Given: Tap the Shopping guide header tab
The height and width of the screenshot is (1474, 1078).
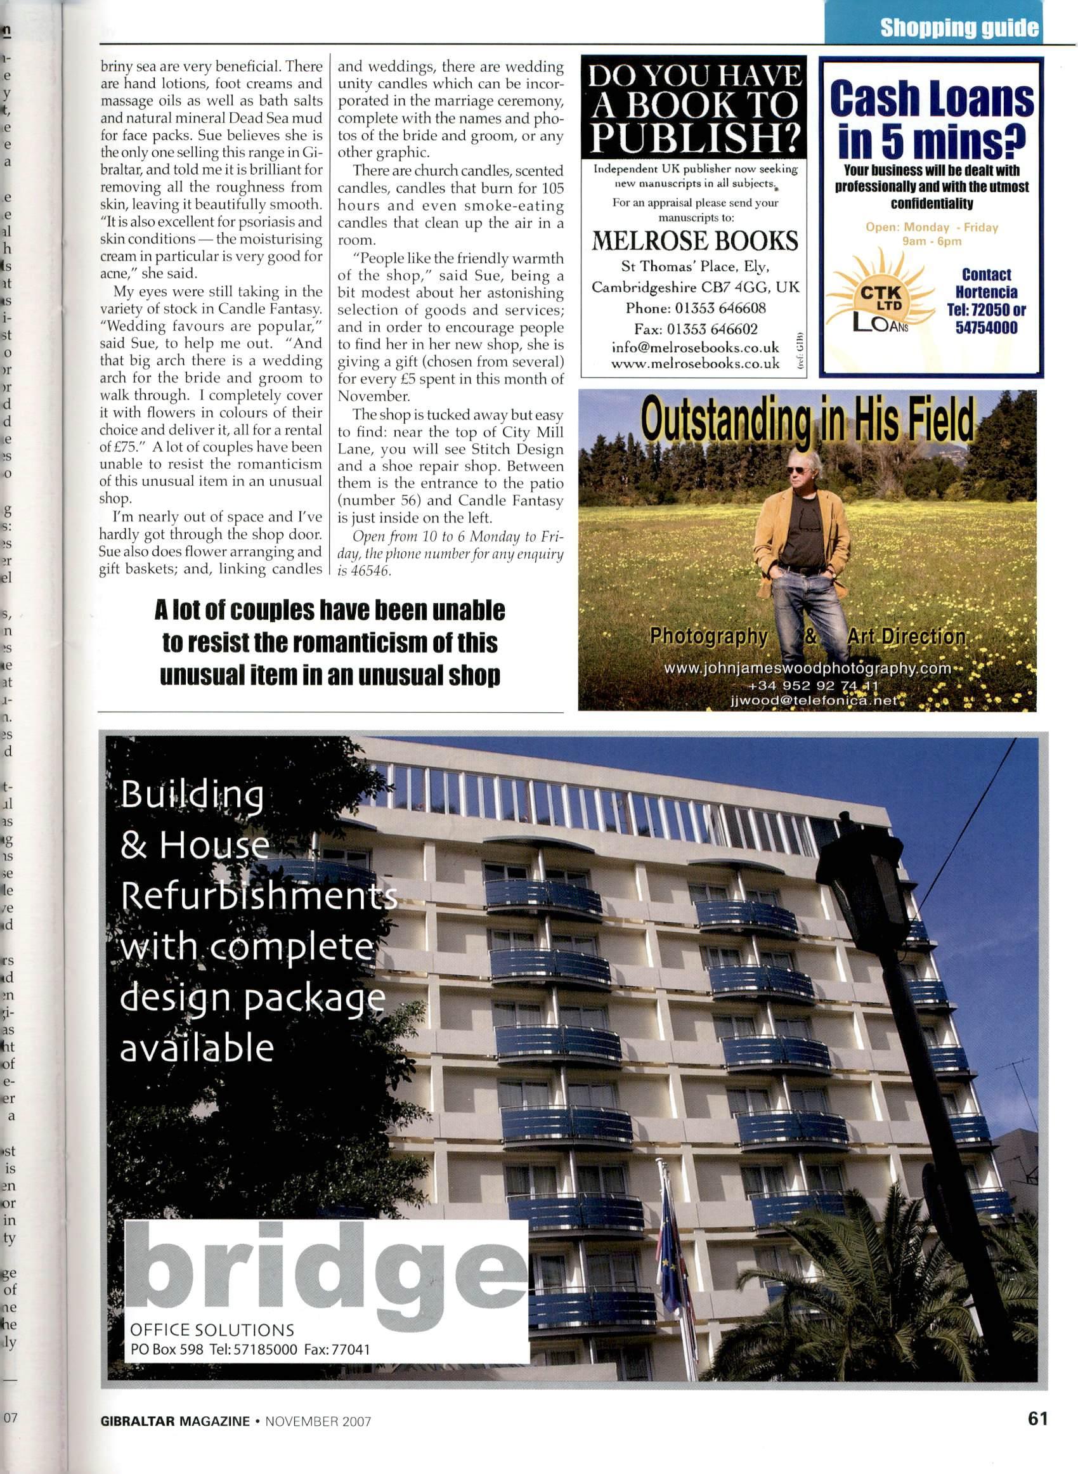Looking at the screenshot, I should coord(959,28).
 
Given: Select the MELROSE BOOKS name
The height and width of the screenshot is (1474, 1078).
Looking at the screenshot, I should coord(694,242).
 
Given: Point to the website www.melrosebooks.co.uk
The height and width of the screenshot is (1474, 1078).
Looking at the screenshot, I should coord(695,364).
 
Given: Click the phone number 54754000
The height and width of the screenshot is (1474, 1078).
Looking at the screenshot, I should coord(986,327).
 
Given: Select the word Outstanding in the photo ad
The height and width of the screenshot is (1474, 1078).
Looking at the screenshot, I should coord(724,422).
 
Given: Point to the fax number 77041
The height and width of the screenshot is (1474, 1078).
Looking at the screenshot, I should coord(351,1350).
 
